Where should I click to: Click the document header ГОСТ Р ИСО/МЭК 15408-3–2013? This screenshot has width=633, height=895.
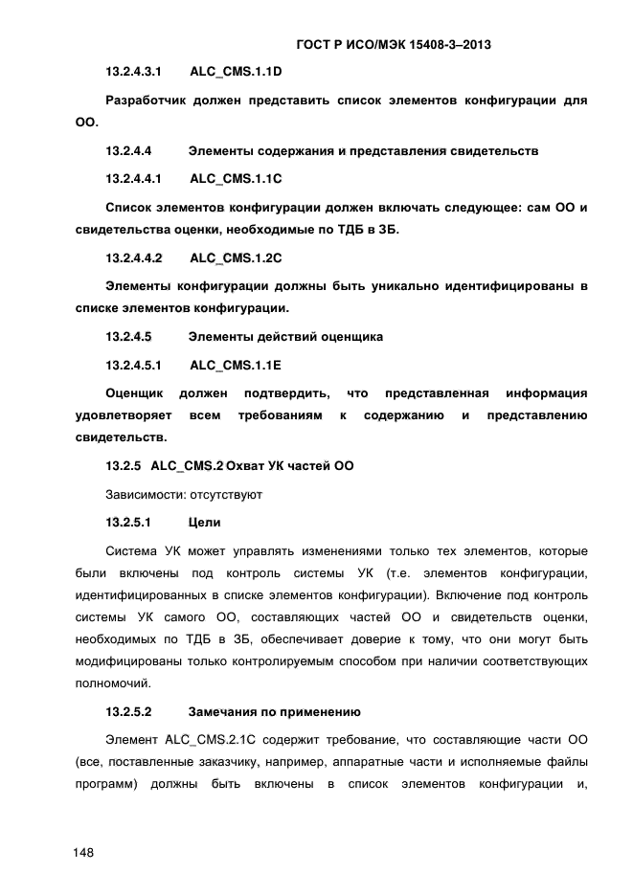(x=399, y=45)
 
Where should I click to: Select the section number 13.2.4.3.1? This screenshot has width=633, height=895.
(x=133, y=72)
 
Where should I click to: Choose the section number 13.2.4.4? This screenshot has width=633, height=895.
(x=129, y=151)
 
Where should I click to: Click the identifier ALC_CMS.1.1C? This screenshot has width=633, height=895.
(x=236, y=179)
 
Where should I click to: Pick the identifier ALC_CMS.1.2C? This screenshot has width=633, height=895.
(x=236, y=258)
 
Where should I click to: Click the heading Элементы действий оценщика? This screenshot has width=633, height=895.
(x=285, y=337)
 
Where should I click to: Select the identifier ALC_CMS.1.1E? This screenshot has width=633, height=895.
(x=236, y=366)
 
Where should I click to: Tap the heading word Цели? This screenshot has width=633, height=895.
(x=204, y=523)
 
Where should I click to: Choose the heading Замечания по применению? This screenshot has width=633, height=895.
(x=274, y=712)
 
